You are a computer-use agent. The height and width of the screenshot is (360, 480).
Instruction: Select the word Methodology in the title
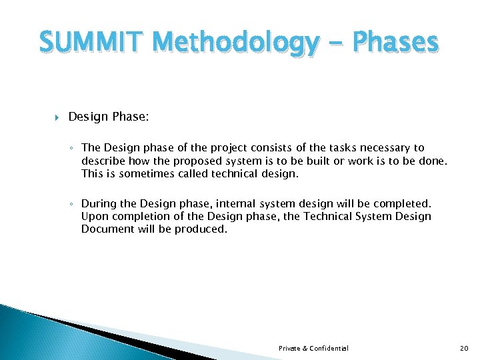[226, 43]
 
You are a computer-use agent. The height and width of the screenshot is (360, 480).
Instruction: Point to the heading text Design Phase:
[109, 117]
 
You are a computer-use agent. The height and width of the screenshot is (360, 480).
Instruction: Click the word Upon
[93, 216]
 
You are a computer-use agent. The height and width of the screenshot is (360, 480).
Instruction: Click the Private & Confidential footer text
[313, 349]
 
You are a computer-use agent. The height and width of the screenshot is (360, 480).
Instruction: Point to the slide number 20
[465, 349]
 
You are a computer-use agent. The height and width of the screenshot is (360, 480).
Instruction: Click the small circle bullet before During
[75, 203]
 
